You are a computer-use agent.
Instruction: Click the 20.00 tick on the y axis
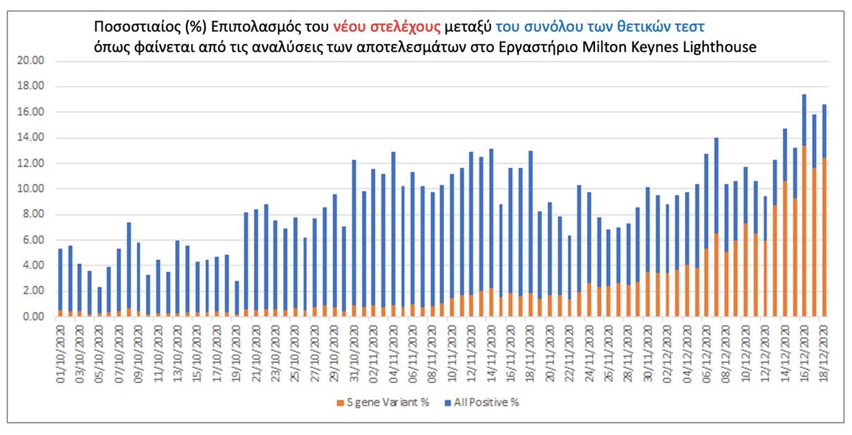click(32, 61)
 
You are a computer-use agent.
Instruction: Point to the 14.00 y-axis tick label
click(32, 138)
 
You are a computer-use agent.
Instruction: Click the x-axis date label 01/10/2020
click(61, 349)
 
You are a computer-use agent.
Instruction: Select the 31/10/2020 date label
click(354, 349)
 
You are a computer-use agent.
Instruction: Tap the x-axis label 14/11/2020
click(491, 349)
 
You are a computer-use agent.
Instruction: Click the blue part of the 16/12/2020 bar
click(805, 120)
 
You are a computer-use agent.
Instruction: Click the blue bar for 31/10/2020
click(354, 233)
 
